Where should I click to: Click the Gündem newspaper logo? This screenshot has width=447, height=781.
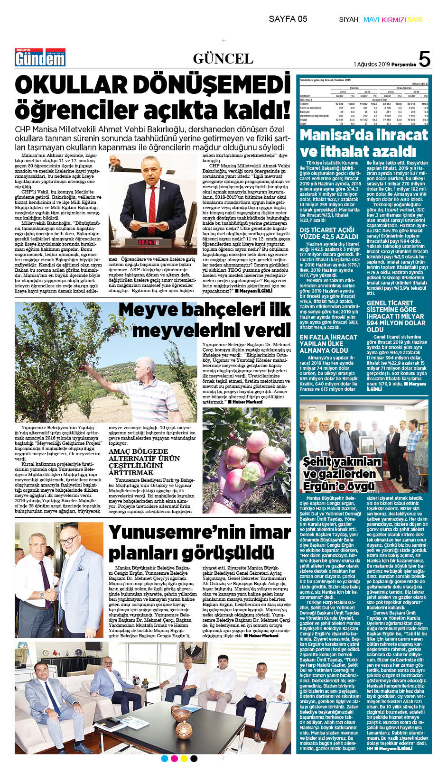click(x=40, y=58)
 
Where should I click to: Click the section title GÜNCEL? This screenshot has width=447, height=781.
click(x=223, y=59)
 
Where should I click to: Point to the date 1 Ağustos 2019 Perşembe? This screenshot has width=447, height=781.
click(x=384, y=64)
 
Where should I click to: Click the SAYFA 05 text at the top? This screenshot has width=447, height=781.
click(x=288, y=19)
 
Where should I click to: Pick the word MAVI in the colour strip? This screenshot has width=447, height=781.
click(x=371, y=20)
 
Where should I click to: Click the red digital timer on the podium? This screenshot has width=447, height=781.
click(x=148, y=242)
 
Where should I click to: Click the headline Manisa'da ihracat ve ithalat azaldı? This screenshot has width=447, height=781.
click(x=363, y=143)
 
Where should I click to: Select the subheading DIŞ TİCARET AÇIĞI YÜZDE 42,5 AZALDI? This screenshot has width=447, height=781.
click(x=329, y=233)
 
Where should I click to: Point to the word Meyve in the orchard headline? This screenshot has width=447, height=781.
click(x=147, y=310)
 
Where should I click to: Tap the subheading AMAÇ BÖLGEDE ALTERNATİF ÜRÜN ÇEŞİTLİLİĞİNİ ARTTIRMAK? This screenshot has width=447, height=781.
click(x=144, y=462)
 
